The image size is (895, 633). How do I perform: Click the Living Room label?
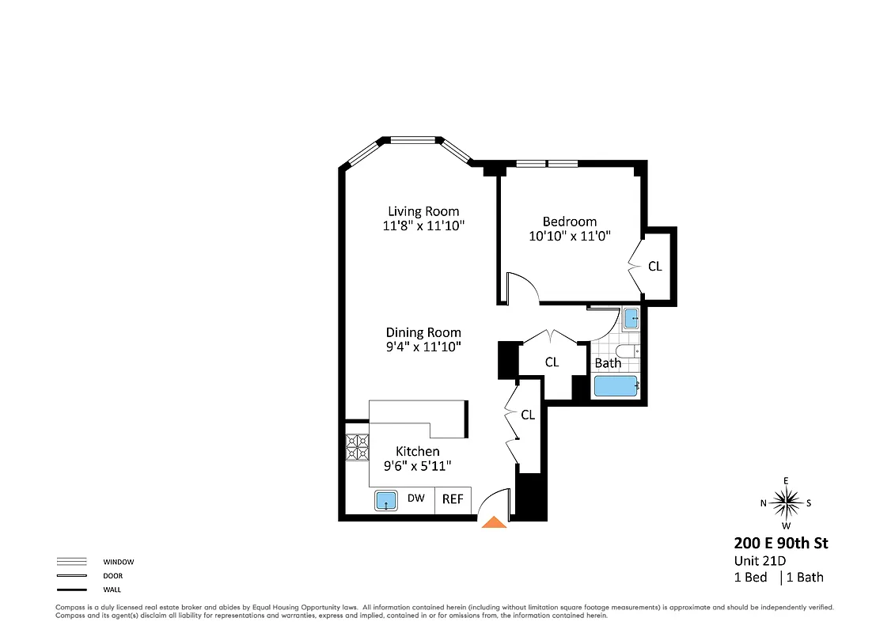[423, 211]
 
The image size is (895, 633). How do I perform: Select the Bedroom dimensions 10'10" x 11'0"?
[570, 236]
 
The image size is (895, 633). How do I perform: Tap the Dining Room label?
[423, 332]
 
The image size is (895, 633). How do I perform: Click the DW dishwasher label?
[415, 498]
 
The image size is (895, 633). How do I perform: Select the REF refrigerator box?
[453, 499]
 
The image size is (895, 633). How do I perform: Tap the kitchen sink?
[386, 501]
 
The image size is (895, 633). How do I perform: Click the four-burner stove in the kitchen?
[357, 448]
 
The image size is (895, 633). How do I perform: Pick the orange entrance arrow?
[495, 521]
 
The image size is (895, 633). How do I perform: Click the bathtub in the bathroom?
[616, 386]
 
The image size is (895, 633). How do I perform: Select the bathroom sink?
[631, 318]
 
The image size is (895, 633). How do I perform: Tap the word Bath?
[608, 363]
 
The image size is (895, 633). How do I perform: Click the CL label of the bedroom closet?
[654, 267]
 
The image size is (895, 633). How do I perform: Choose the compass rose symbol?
[786, 502]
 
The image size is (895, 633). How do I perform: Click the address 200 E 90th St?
[780, 543]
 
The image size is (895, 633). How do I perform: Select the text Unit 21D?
[759, 561]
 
